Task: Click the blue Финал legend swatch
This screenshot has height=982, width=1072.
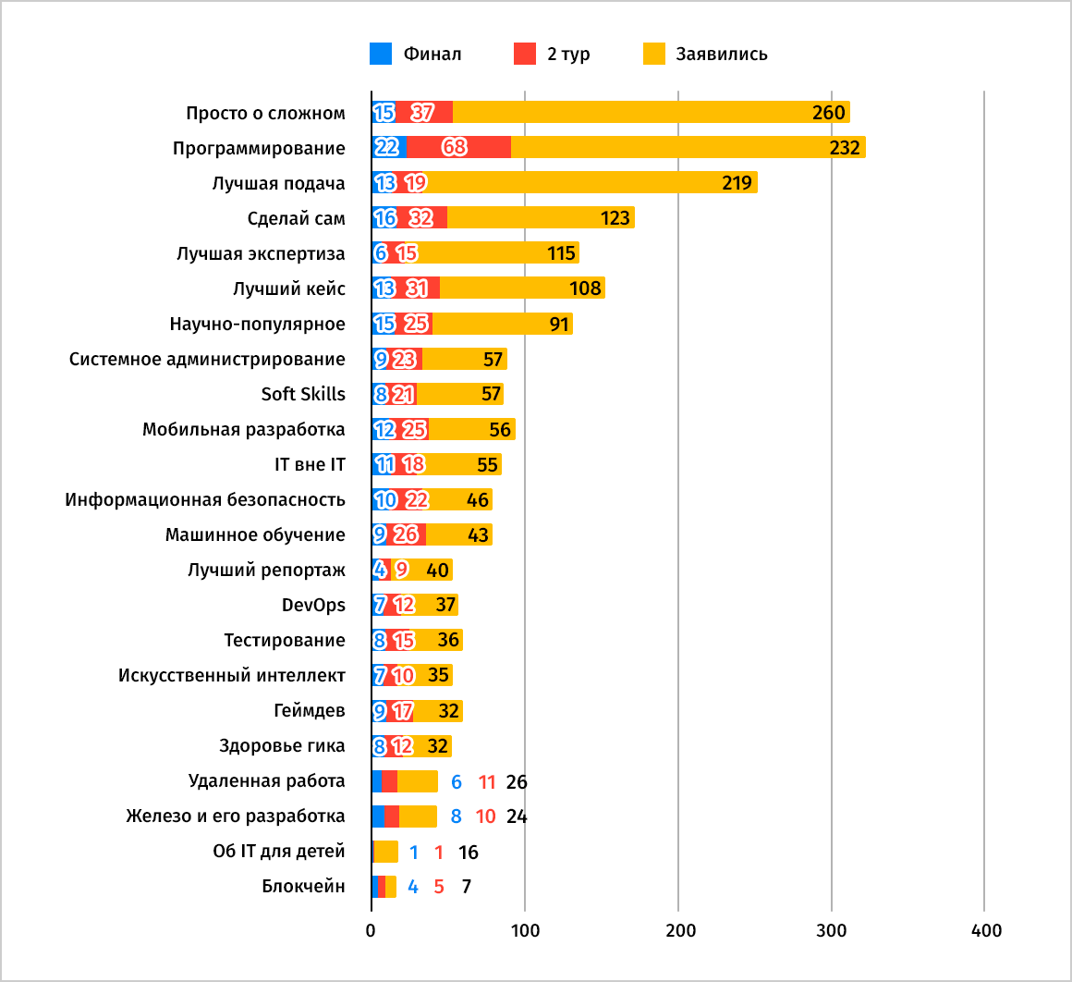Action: click(x=381, y=54)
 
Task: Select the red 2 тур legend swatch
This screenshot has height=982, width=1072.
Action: click(x=525, y=54)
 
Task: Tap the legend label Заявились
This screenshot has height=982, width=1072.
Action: click(x=721, y=54)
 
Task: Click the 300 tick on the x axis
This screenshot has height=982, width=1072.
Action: click(x=832, y=930)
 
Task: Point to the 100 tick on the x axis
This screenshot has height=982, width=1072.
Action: click(x=525, y=930)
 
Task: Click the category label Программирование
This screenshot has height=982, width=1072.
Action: click(x=259, y=148)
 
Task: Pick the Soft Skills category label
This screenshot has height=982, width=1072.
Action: click(x=303, y=394)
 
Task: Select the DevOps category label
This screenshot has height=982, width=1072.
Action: click(x=313, y=605)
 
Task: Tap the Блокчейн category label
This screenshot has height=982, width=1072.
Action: click(x=303, y=886)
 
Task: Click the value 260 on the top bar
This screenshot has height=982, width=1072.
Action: click(x=828, y=113)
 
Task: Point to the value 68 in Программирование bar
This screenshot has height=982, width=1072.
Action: click(x=454, y=148)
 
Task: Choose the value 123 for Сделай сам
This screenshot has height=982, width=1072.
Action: click(x=615, y=218)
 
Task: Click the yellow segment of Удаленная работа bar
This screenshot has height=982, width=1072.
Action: click(x=418, y=781)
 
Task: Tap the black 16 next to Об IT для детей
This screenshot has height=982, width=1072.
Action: click(x=468, y=853)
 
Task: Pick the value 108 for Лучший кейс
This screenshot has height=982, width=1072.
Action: click(x=585, y=288)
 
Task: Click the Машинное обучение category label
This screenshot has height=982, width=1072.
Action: click(x=255, y=534)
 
